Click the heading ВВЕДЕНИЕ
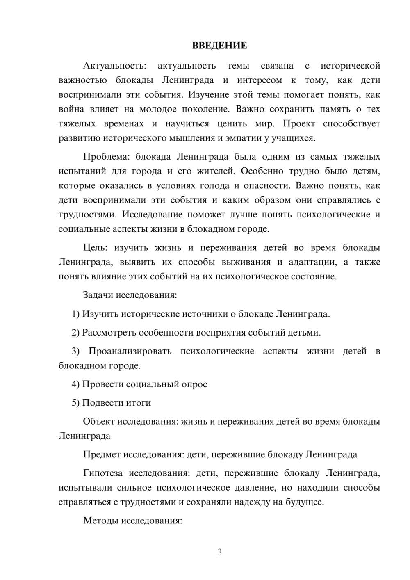219,46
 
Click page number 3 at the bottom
219,552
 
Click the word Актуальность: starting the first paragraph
114,66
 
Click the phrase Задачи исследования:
130,295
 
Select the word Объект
99,422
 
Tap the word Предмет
101,454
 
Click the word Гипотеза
102,473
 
